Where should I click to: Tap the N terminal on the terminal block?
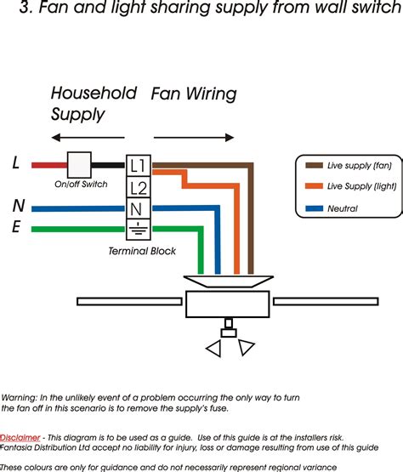(x=138, y=207)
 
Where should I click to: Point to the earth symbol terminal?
(x=138, y=227)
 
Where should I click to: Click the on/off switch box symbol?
(x=79, y=164)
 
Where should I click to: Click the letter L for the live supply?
(x=16, y=163)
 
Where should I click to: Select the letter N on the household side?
(x=18, y=205)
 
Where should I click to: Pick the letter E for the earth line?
(x=17, y=227)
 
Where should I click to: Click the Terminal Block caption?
(x=141, y=251)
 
